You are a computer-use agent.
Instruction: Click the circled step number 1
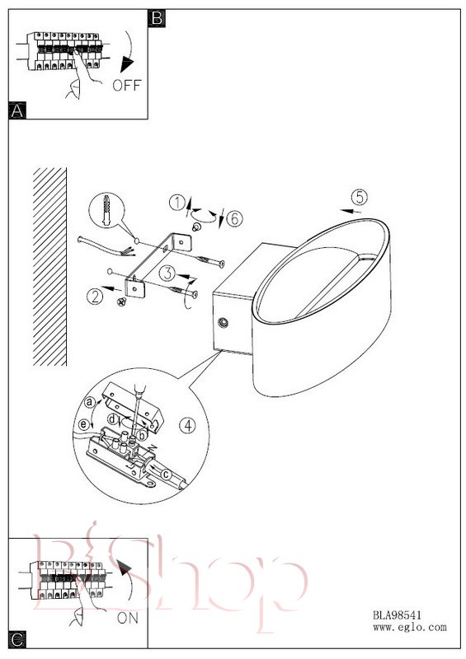click(x=177, y=203)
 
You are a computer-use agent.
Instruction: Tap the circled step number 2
click(x=95, y=297)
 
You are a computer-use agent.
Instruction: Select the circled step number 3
click(x=167, y=273)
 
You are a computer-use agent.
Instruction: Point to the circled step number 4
click(x=187, y=425)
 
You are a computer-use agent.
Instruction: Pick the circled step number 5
click(x=359, y=197)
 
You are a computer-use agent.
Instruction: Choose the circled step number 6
click(x=234, y=218)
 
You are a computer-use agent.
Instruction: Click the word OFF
click(x=127, y=86)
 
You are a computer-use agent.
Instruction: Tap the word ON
click(x=128, y=618)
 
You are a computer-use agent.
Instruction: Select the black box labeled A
click(x=16, y=110)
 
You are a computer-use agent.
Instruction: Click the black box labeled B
click(x=157, y=18)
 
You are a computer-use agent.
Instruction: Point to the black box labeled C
click(x=17, y=640)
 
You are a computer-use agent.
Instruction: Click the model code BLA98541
click(x=397, y=615)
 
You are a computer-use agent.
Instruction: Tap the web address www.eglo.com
click(x=410, y=628)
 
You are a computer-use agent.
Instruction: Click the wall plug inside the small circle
click(x=106, y=209)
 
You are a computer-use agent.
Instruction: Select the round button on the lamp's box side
click(x=223, y=323)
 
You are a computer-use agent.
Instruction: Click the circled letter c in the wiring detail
click(x=166, y=474)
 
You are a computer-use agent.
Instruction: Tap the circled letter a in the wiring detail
click(x=89, y=402)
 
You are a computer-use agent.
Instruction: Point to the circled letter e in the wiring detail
click(x=84, y=424)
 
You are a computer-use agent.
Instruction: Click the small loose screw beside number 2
click(x=122, y=301)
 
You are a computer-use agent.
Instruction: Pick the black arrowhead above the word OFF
click(x=127, y=65)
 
